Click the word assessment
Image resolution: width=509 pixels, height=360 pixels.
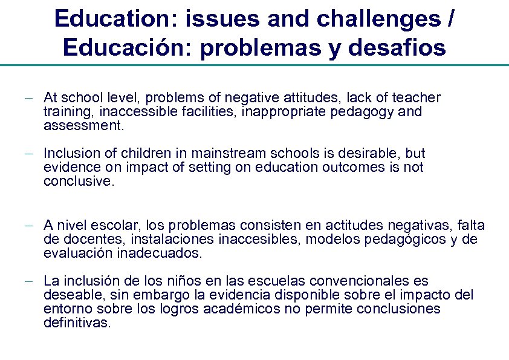click(82, 126)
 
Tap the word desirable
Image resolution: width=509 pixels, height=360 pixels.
click(372, 153)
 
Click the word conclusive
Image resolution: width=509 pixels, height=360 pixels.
click(78, 182)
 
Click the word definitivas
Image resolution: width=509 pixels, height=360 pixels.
click(77, 323)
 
